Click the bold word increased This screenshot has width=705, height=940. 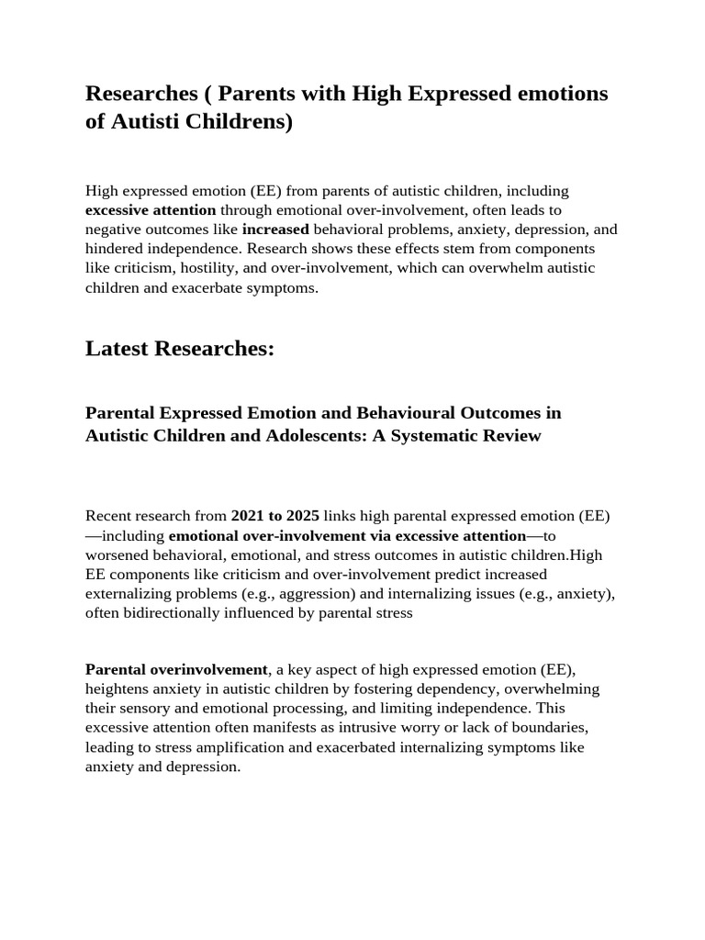click(x=275, y=229)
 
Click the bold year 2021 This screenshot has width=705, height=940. click(x=248, y=516)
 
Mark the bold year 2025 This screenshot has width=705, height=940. click(x=302, y=516)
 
